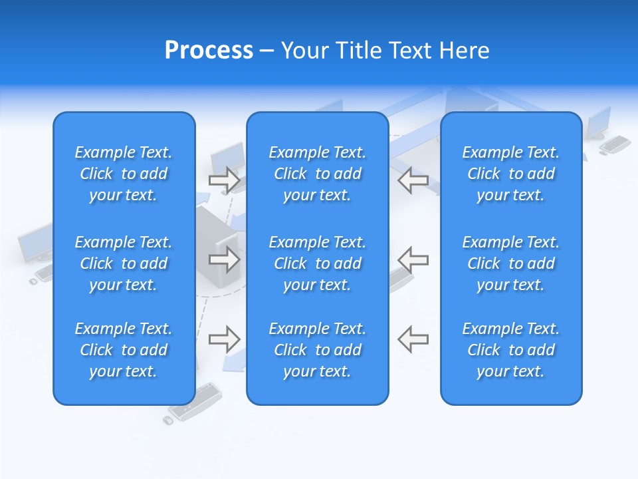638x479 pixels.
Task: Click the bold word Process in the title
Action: pos(209,51)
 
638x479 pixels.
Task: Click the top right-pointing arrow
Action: pos(224,180)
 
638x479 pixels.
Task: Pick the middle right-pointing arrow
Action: pos(224,259)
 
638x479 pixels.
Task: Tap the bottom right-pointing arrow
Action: pos(224,339)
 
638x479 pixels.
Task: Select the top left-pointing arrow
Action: pos(413,180)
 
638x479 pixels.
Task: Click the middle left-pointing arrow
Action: pos(413,259)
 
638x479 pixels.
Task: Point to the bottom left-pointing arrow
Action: pos(413,339)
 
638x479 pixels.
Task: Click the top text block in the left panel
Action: pos(124,174)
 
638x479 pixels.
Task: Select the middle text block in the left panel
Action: pos(124,263)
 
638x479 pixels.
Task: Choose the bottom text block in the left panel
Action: pos(124,350)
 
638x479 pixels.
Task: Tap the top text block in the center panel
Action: pos(317,174)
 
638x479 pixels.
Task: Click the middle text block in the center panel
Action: pos(317,263)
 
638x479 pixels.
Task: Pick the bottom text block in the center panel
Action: pos(317,350)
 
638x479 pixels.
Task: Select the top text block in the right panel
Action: pos(510,174)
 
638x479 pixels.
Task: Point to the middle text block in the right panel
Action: pos(510,263)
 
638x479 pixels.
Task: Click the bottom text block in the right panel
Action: pos(510,350)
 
